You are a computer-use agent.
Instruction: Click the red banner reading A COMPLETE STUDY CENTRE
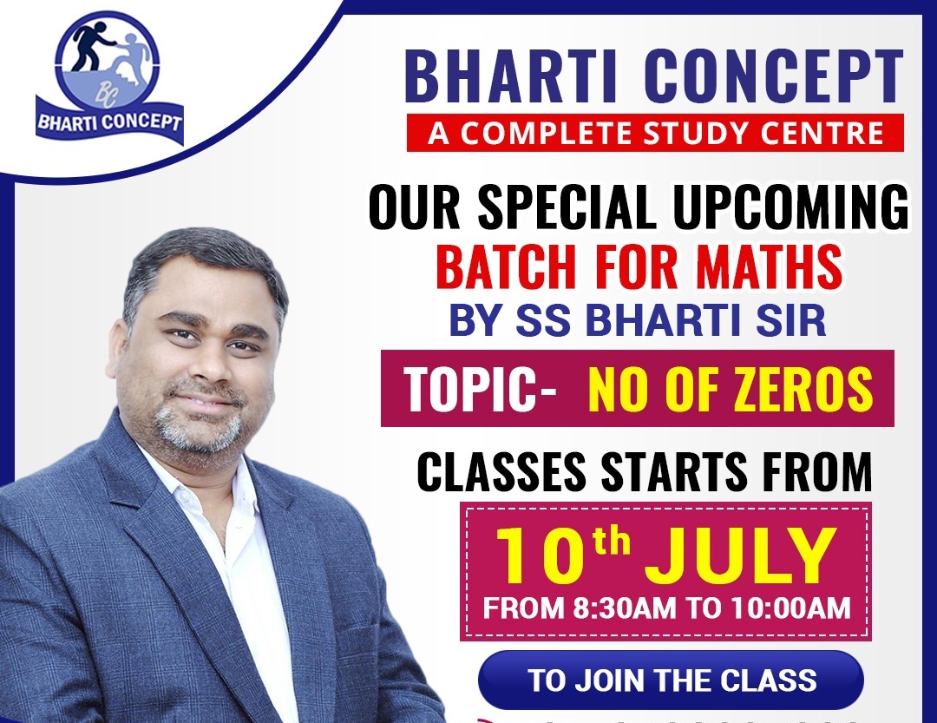coord(655,133)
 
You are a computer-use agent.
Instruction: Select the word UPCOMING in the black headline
coord(791,207)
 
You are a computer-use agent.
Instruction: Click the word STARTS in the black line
coord(674,472)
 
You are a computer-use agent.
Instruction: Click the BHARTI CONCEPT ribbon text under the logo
coord(109,122)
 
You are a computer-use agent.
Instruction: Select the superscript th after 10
coord(611,540)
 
